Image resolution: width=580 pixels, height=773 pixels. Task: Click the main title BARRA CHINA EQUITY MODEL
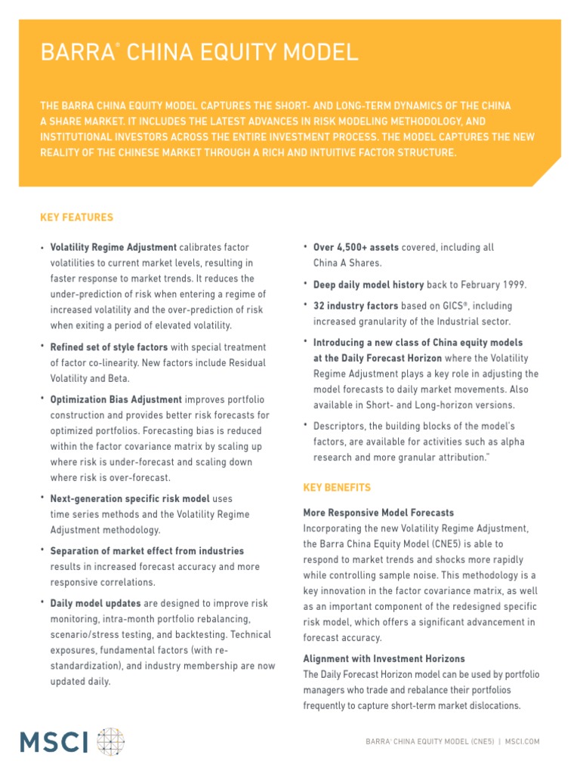[x=199, y=53]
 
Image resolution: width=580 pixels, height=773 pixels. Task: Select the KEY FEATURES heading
[x=76, y=217]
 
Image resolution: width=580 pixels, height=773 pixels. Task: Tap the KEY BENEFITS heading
[x=337, y=488]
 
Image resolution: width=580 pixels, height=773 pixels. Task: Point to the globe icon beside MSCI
[x=111, y=741]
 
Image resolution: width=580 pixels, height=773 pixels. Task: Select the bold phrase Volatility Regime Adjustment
[x=113, y=248]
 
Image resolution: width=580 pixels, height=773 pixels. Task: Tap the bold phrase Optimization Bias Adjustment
[x=116, y=399]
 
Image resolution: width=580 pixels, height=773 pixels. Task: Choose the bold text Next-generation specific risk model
[x=130, y=499]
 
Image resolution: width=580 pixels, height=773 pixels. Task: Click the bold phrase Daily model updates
[x=95, y=604]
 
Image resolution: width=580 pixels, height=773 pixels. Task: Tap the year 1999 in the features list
[x=513, y=285]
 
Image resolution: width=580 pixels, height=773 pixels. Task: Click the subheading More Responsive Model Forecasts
[x=378, y=513]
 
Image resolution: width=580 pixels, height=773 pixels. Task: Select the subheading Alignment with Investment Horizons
[x=384, y=659]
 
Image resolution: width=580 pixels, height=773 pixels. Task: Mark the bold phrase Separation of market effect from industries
[x=147, y=551]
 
